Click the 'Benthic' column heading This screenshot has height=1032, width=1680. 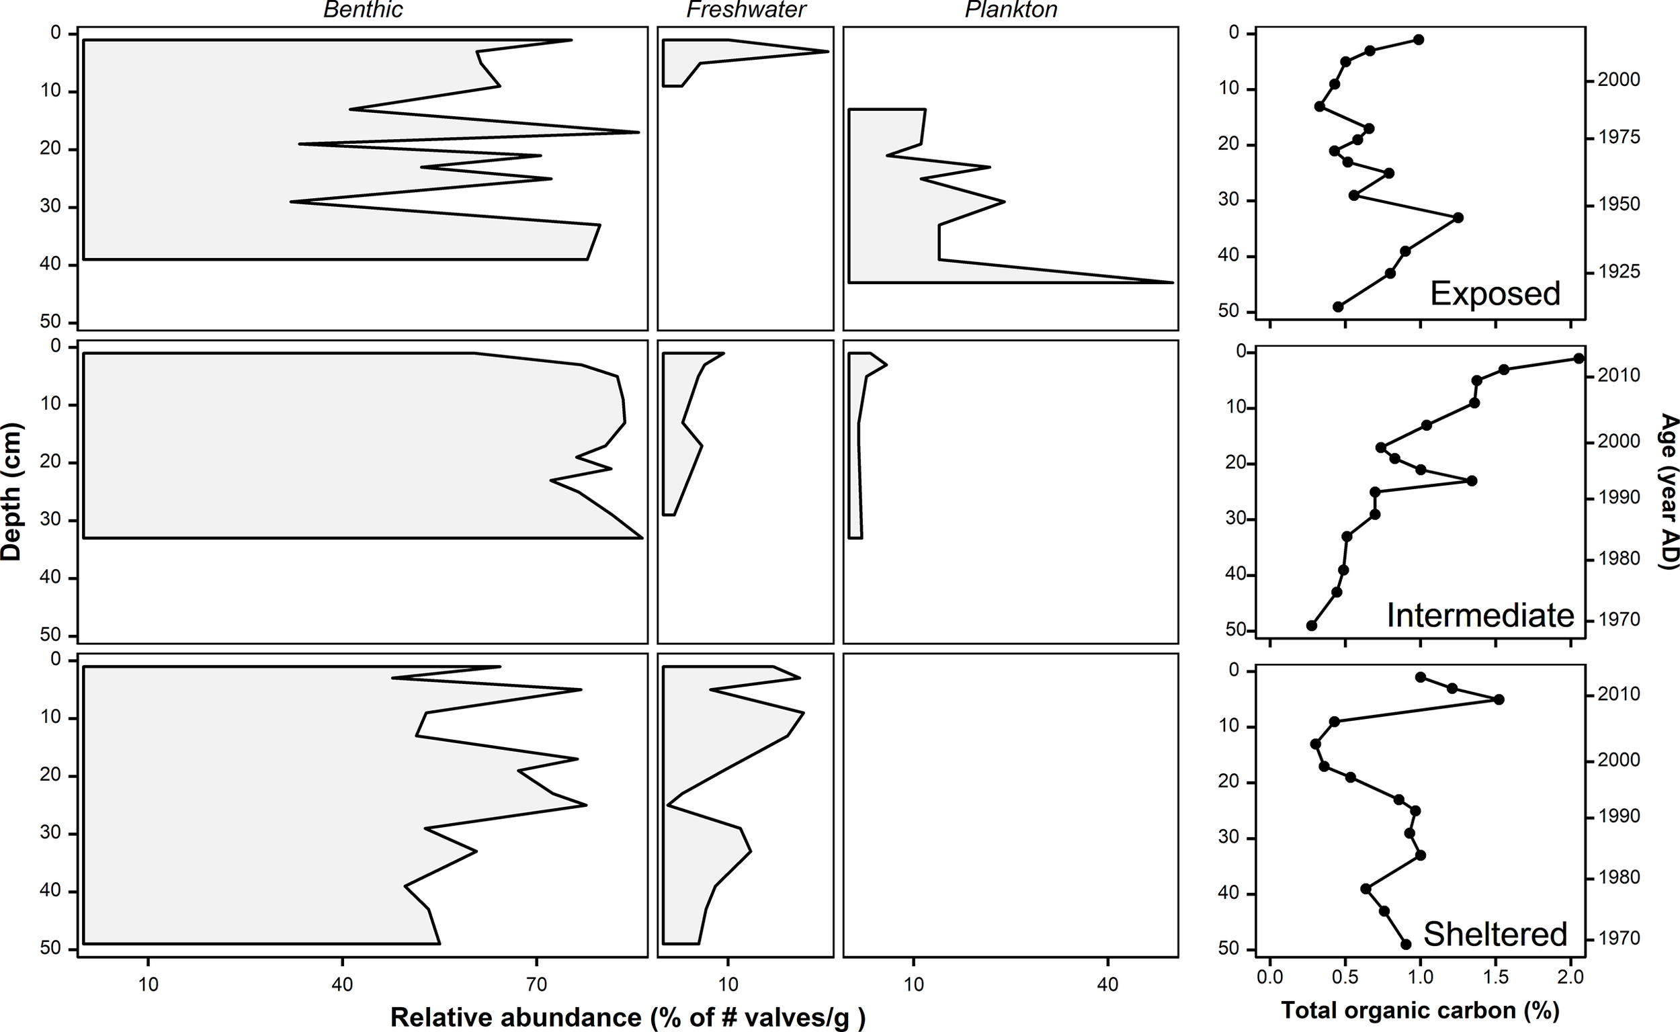(x=362, y=9)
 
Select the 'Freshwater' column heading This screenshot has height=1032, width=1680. (x=746, y=9)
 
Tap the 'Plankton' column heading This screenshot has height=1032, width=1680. (x=1011, y=9)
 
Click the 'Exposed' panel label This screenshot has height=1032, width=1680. (x=1495, y=294)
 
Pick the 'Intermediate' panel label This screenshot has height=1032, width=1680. (x=1480, y=615)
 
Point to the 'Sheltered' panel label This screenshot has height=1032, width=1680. (x=1495, y=934)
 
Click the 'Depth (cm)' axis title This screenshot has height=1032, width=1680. (x=11, y=491)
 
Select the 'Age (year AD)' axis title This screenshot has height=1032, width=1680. (x=1669, y=490)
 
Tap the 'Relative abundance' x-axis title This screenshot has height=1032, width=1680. (x=628, y=1017)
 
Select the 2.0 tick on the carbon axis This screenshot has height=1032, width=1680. (x=1570, y=978)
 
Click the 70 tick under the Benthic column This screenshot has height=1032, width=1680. (x=536, y=985)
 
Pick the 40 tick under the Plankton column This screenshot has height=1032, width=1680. (x=1107, y=985)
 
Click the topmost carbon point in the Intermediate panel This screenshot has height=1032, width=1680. (x=1579, y=358)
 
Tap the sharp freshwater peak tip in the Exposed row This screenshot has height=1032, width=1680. (x=828, y=51)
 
